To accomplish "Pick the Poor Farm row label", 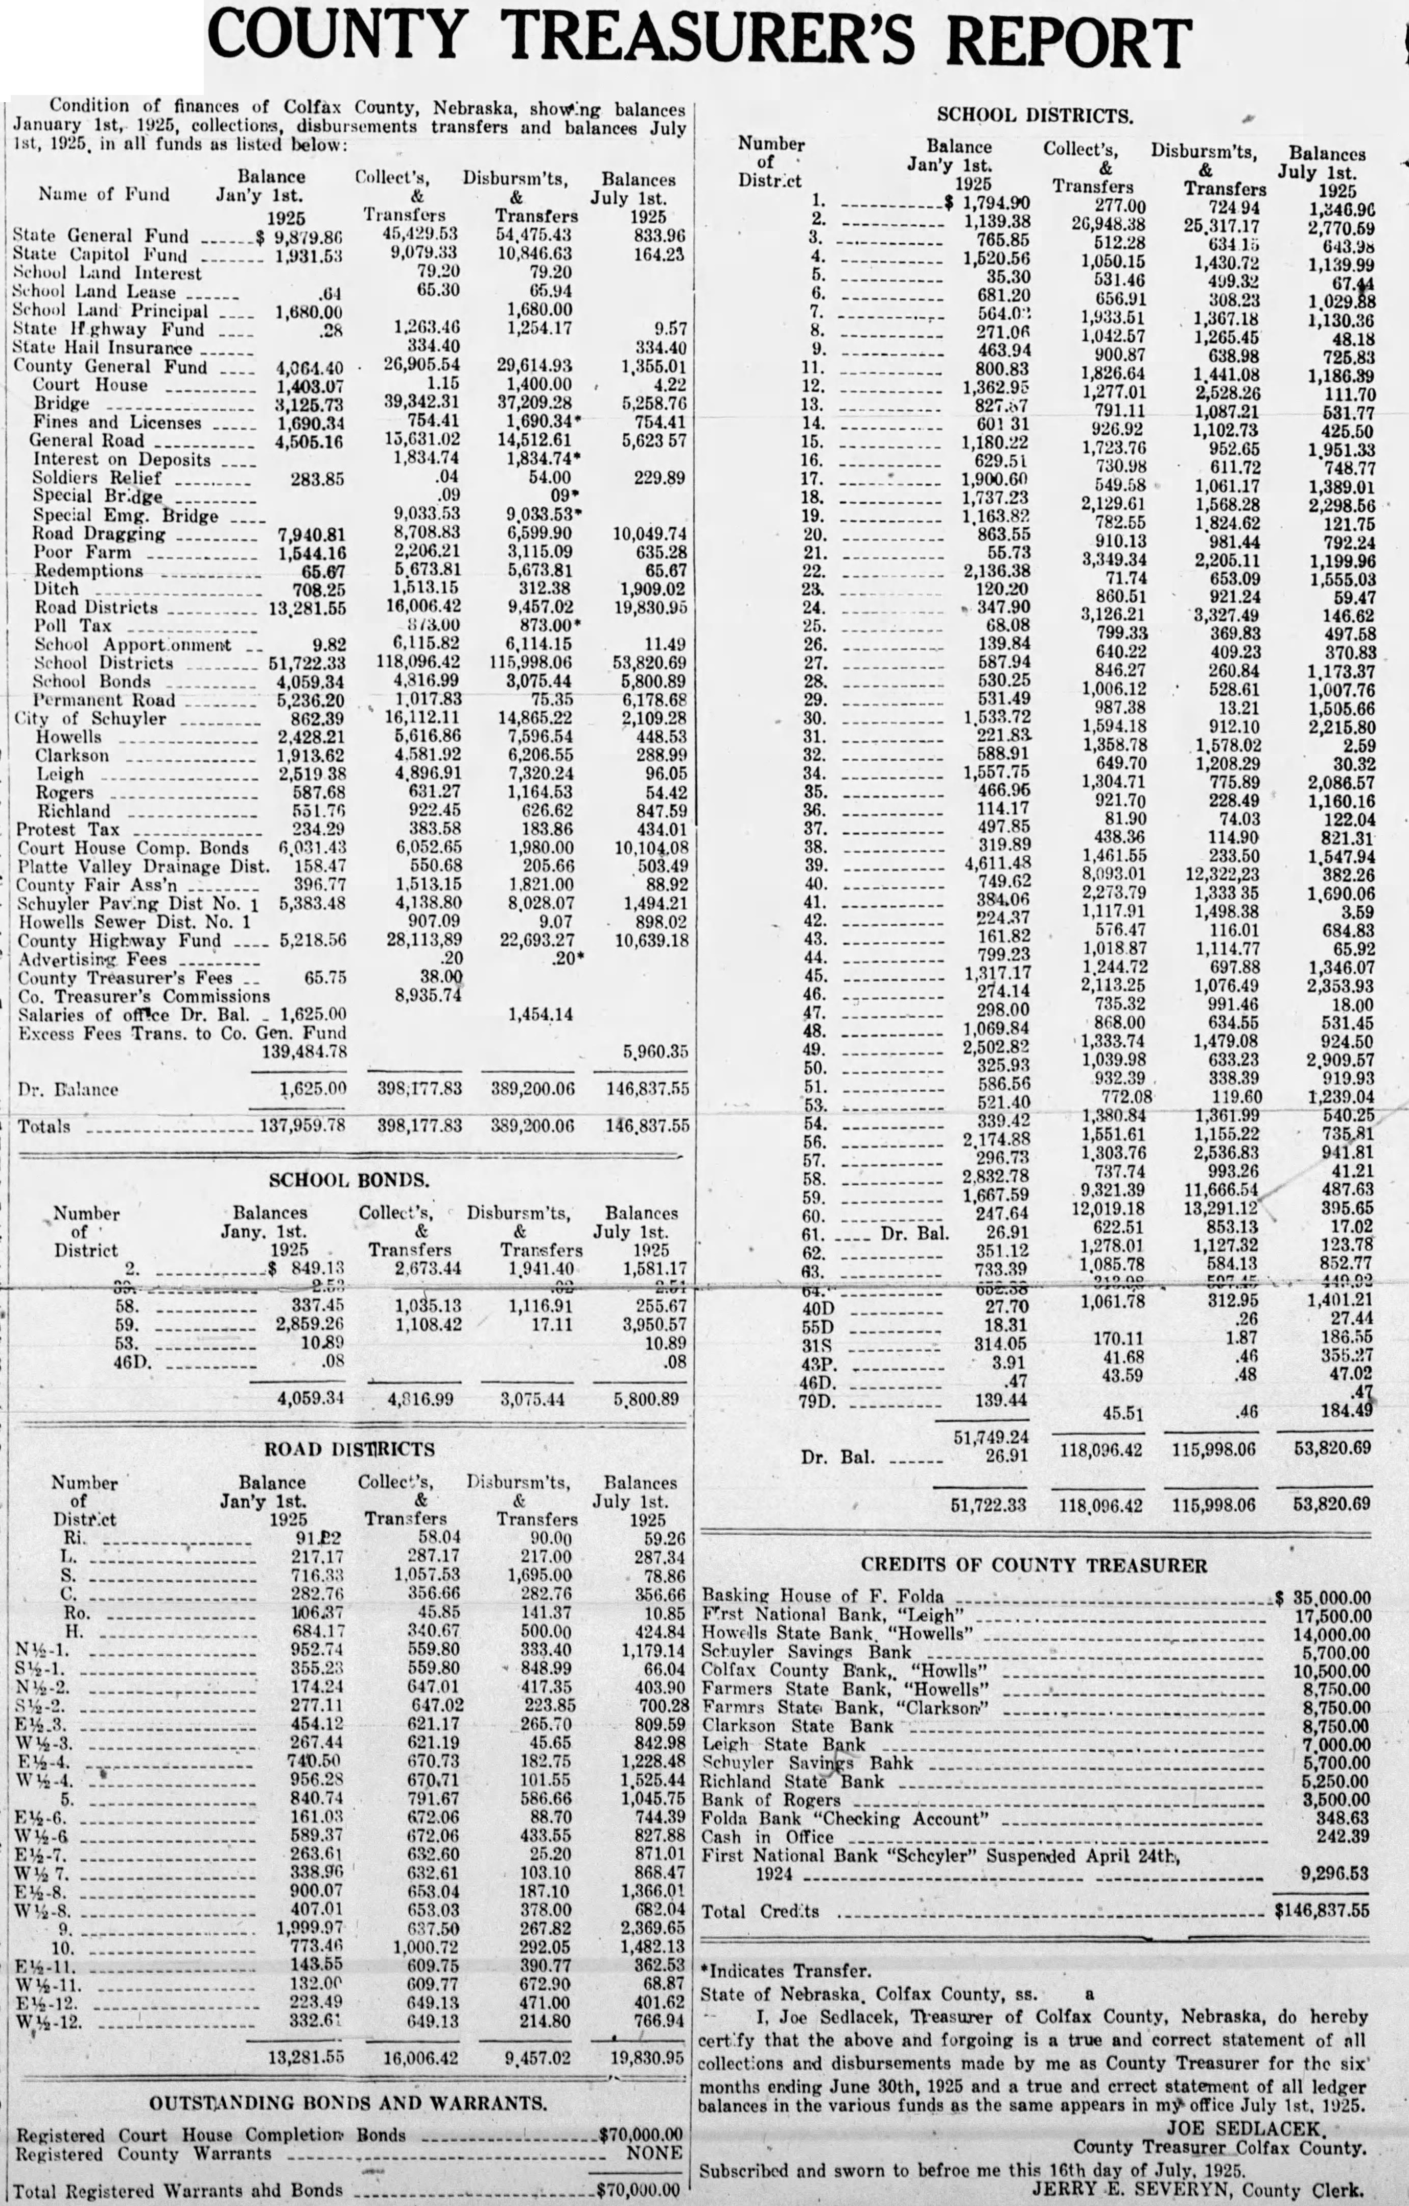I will coord(82,552).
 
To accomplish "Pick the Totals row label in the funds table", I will coord(44,1126).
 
